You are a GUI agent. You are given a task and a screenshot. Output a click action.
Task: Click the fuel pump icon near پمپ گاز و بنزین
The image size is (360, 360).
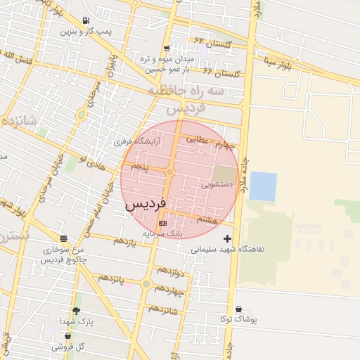[86, 20]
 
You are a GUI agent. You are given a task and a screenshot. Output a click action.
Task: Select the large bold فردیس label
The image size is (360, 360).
[146, 205]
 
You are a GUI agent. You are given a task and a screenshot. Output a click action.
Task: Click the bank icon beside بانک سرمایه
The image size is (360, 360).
[163, 223]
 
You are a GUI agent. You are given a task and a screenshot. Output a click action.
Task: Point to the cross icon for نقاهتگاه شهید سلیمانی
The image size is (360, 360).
[226, 239]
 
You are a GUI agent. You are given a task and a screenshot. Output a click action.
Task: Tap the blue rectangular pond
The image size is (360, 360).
[263, 186]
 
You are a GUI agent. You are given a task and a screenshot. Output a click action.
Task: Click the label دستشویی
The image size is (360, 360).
[217, 186]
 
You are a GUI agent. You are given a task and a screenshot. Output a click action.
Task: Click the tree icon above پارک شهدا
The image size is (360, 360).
[76, 310]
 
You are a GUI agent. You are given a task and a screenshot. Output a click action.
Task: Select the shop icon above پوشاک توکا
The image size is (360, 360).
[239, 309]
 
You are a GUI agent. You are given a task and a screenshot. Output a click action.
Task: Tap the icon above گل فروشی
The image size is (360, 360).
[67, 337]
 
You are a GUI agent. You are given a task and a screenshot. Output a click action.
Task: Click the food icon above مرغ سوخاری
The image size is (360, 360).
[64, 238]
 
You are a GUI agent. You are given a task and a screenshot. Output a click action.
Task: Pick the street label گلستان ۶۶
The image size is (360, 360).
[221, 73]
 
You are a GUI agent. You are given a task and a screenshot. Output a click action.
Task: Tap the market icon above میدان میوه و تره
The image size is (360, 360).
[167, 48]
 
